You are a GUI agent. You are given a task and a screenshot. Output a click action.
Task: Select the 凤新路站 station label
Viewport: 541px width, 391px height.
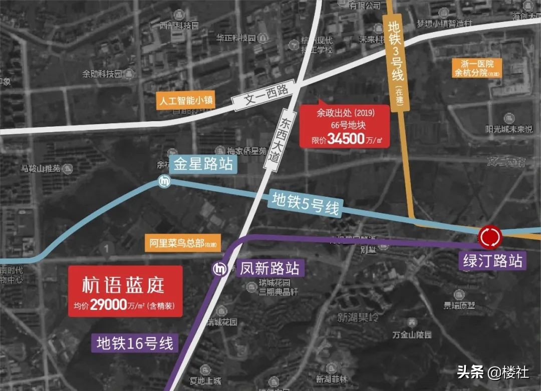(269, 268)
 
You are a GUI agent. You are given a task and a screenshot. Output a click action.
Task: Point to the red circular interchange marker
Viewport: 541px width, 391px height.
(490, 237)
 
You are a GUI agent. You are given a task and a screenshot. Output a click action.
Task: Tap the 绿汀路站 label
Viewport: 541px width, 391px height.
(493, 261)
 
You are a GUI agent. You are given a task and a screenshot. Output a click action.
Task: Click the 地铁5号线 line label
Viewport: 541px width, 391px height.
(305, 203)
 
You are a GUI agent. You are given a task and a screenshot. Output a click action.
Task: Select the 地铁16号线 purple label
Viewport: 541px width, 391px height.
(135, 343)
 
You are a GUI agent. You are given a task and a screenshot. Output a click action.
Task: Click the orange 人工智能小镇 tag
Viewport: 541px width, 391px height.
(185, 100)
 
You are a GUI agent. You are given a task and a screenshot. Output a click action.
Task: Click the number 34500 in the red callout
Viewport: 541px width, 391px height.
(346, 139)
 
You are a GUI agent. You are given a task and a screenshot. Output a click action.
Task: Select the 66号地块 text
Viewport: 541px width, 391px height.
(345, 126)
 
